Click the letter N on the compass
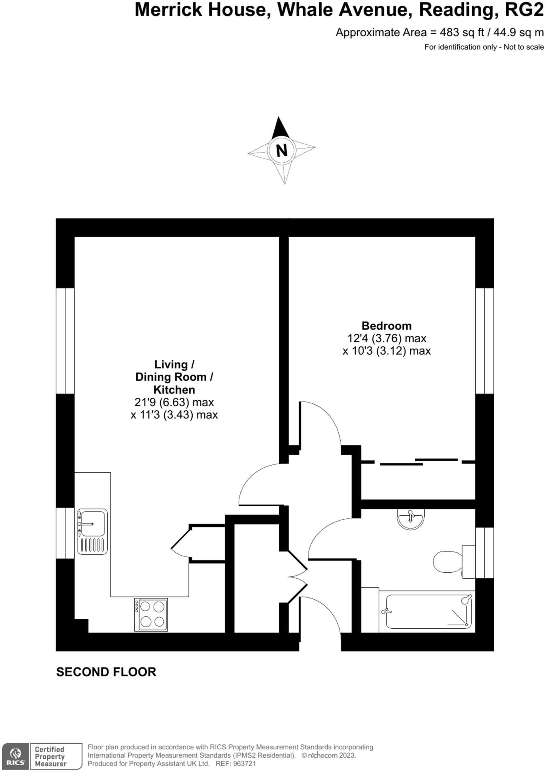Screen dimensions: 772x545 282,150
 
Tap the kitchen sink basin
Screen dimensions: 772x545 93,524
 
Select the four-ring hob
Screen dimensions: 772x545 151,614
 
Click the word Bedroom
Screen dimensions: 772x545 386,326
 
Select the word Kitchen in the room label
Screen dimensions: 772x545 174,390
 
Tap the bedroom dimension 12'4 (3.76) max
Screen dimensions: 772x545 386,339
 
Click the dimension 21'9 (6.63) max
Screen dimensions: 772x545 174,403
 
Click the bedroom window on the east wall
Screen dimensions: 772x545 484,341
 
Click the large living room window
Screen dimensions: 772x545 65,341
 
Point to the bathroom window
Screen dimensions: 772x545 484,552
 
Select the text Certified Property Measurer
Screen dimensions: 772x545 50,756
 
